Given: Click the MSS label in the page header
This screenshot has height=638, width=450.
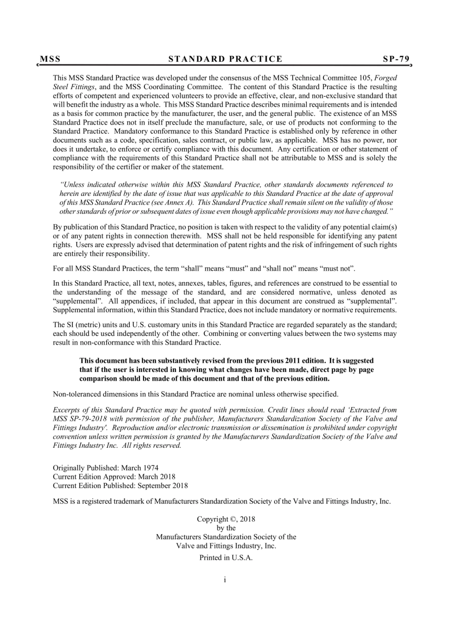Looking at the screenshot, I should [50, 59].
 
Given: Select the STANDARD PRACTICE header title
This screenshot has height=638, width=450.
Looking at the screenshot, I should [225, 59].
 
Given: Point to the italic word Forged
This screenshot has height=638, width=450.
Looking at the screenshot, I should [386, 78].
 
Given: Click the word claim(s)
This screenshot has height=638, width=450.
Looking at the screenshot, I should [383, 227].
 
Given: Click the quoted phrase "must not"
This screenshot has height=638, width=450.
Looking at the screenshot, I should [338, 268].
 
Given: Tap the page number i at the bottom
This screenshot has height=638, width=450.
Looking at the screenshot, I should [225, 580].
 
